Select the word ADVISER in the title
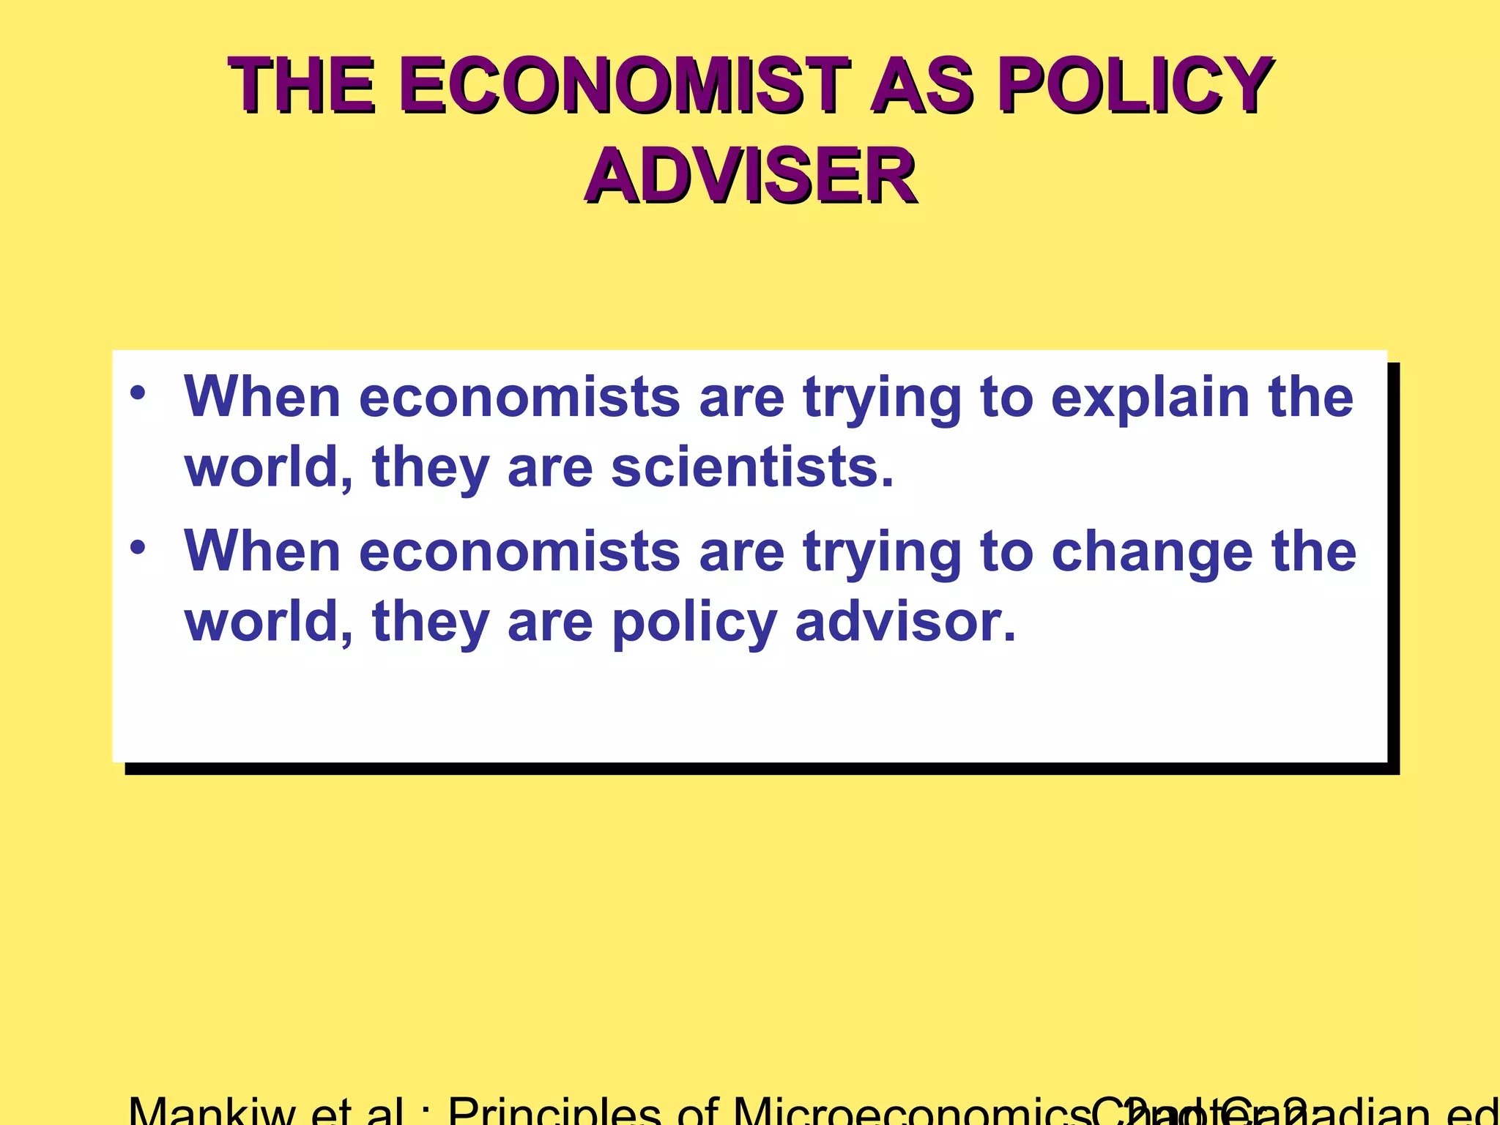pos(750,177)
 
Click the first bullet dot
pos(138,393)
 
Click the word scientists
pos(752,468)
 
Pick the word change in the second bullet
pos(1152,553)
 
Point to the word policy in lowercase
pos(694,623)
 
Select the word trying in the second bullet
pos(882,553)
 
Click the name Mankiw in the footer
pos(212,1112)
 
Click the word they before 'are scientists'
pos(431,469)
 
